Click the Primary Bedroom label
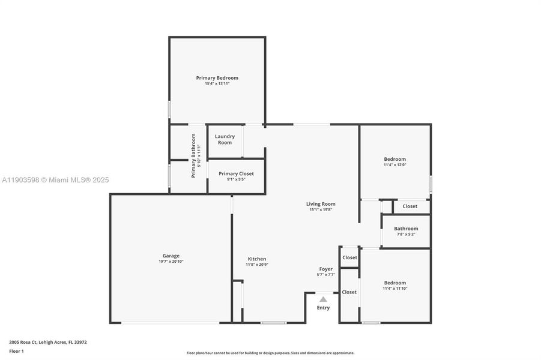click(217, 78)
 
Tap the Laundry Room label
click(225, 139)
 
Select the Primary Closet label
click(236, 173)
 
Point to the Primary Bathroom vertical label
click(194, 155)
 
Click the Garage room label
click(171, 256)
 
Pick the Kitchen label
click(256, 259)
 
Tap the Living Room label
click(321, 204)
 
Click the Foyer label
click(325, 269)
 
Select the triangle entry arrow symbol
click(323, 299)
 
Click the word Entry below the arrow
click(323, 308)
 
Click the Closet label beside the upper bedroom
click(410, 206)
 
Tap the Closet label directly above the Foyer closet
click(349, 257)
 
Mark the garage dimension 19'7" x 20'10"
click(171, 262)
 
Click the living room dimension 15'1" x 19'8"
click(321, 209)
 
